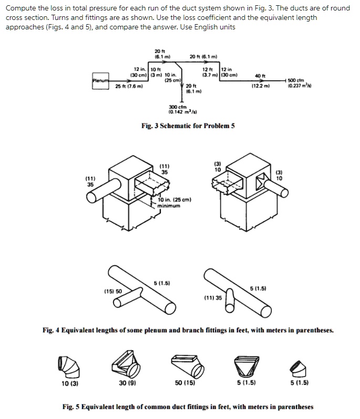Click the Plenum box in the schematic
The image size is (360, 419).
pyautogui.click(x=100, y=80)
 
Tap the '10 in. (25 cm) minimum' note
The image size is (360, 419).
pyautogui.click(x=174, y=203)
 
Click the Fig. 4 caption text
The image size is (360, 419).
pyautogui.click(x=188, y=330)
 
